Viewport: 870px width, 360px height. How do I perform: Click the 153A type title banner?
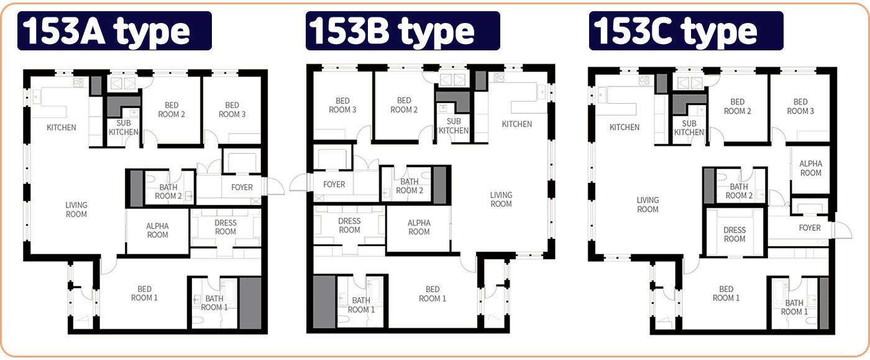tap(114, 30)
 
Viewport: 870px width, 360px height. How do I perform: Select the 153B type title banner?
tap(403, 30)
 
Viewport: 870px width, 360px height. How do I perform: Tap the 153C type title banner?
tap(686, 30)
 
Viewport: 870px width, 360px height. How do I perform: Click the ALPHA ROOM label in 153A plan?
tap(157, 230)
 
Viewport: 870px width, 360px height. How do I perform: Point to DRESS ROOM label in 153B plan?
tap(349, 225)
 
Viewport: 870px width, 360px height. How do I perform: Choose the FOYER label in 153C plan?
tap(810, 228)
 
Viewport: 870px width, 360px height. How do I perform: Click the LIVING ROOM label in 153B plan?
tap(501, 199)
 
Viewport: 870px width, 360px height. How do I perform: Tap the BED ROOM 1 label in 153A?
tap(144, 293)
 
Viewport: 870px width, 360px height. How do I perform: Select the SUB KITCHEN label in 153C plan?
tap(689, 127)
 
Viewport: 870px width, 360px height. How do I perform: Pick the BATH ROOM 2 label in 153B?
tap(410, 186)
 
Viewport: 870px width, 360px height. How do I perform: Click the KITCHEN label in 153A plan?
tap(62, 127)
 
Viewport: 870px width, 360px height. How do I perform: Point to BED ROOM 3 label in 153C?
tap(800, 106)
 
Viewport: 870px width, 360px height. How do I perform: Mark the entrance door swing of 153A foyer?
tap(275, 187)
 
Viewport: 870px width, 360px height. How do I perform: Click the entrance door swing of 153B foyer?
tap(298, 182)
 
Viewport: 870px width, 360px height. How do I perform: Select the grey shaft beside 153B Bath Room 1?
tap(324, 302)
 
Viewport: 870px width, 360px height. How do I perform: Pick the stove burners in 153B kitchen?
tap(498, 77)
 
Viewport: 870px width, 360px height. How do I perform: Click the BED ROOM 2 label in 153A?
tap(172, 109)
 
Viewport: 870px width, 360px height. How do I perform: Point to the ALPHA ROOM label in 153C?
tap(810, 168)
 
